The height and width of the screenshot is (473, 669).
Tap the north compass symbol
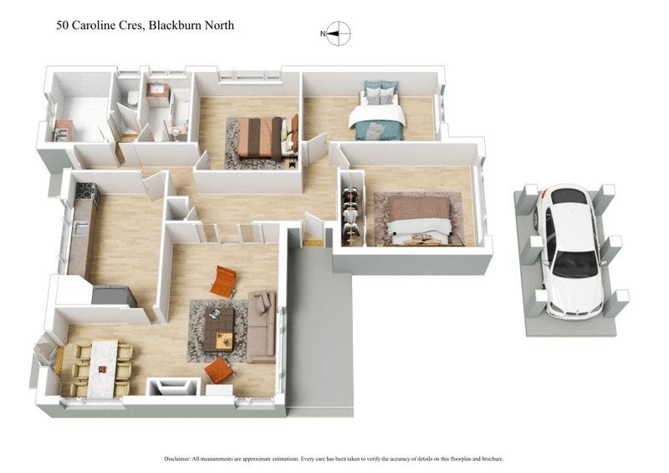338,34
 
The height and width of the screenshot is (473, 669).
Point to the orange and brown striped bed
263,137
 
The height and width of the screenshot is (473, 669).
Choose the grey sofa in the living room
262,325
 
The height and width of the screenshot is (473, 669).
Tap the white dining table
102,366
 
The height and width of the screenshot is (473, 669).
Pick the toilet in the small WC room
132,101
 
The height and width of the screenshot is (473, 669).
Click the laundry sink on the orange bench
63,130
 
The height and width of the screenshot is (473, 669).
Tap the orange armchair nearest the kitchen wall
224,281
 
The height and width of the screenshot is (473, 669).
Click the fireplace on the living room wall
173,387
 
